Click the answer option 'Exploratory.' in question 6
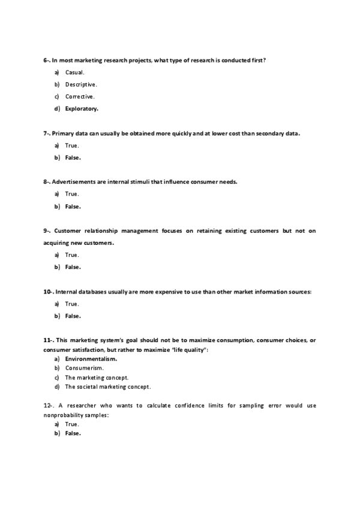click(82, 109)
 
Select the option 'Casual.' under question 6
click(75, 72)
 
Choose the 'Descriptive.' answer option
click(81, 84)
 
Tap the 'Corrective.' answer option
click(80, 96)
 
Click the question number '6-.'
click(47, 60)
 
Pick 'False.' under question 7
click(73, 158)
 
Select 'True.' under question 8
click(72, 194)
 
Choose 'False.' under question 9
click(73, 267)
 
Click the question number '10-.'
click(49, 292)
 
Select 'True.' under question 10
click(72, 304)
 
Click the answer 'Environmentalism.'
click(91, 359)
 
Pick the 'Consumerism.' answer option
click(85, 368)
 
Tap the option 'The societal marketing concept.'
click(108, 387)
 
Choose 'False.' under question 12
click(73, 433)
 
